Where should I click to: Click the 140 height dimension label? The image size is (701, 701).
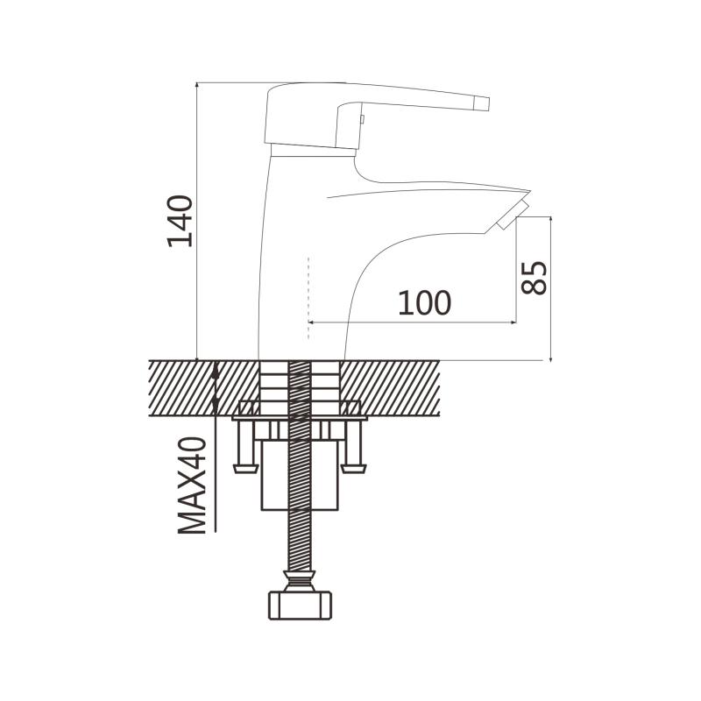(181, 221)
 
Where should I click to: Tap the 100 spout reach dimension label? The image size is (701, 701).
(425, 302)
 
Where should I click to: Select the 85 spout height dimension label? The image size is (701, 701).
(535, 278)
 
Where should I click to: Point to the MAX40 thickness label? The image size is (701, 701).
(192, 485)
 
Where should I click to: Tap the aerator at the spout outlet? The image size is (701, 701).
(513, 215)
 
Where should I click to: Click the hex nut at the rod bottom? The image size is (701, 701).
(300, 605)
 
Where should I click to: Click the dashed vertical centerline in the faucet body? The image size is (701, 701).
(308, 298)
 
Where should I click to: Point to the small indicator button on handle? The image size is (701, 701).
(363, 119)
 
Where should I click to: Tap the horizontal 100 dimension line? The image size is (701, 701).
(412, 322)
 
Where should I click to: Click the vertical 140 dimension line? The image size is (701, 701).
(196, 222)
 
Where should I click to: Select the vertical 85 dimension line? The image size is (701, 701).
(550, 289)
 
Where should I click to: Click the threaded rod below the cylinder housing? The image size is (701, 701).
(300, 540)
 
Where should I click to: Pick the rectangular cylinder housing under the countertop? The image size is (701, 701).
(300, 475)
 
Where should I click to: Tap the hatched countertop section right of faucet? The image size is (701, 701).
(390, 387)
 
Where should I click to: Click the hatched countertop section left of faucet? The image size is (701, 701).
(204, 387)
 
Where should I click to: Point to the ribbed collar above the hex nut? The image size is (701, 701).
(300, 581)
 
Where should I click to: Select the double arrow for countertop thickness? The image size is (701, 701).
(215, 387)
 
